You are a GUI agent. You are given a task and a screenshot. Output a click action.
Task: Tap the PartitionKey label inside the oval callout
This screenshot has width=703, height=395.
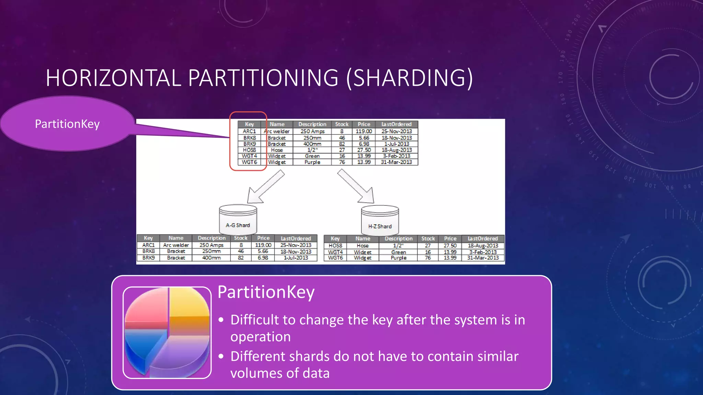[x=67, y=124]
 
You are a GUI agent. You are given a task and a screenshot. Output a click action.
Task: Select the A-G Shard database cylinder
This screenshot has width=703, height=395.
[x=238, y=219]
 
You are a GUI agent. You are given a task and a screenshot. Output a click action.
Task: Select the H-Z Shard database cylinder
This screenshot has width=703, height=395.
[x=380, y=220]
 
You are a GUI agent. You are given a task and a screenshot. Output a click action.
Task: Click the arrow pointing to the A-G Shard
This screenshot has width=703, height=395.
[x=264, y=188]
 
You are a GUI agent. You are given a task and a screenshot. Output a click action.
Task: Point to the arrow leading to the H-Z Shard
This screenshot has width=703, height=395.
[x=357, y=187]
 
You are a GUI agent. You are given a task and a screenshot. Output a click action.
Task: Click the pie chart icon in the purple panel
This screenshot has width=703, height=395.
[x=167, y=332]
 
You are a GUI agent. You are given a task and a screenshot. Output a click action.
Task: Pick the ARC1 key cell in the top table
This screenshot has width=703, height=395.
[x=249, y=131]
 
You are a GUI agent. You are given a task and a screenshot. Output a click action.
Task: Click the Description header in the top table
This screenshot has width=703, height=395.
[x=312, y=124]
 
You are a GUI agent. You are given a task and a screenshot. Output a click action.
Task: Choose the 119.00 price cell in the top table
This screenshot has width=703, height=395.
[x=364, y=131]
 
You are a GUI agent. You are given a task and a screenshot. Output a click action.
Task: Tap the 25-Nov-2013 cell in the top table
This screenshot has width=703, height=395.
[x=396, y=131]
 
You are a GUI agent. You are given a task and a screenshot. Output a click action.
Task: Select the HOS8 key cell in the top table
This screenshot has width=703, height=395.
[x=249, y=150]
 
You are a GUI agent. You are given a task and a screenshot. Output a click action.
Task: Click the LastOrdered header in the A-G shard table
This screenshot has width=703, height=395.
[x=296, y=238]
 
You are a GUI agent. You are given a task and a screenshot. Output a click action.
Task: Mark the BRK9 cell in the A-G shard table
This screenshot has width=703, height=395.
[x=148, y=258]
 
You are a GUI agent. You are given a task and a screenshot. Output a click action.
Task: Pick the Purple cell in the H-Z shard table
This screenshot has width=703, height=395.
[x=399, y=258]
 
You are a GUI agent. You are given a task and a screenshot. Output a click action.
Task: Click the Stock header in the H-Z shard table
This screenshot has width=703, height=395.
[x=428, y=239]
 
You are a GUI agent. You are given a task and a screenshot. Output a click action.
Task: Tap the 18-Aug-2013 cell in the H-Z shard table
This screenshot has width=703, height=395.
[x=483, y=246]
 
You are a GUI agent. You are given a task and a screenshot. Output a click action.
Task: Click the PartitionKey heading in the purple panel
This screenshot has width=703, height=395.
[x=266, y=292]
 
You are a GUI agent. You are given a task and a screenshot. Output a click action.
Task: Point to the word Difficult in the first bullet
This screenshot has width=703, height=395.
[x=254, y=320]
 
